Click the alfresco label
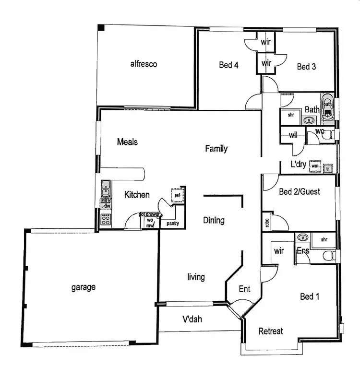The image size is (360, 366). coord(144,64)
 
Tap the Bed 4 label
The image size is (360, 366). coord(228,65)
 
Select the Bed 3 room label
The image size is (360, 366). coord(306,67)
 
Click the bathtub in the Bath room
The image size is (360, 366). coord(328,106)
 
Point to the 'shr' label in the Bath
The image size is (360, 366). coord(291,115)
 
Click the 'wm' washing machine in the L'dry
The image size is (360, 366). coord(315,166)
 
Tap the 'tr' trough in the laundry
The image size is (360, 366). coord(329,168)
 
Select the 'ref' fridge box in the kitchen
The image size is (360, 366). coord(177,195)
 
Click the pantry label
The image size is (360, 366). coord(173,224)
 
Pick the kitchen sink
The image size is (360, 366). coord(105,192)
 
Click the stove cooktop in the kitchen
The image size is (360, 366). coord(105,219)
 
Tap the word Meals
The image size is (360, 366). coord(127,142)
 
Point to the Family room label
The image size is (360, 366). coord(216,149)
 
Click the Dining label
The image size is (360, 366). coord(214,221)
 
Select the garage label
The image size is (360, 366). coord(84,287)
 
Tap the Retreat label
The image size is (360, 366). coord(271,331)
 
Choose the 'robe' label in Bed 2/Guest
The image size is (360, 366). coord(266,222)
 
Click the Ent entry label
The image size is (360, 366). coord(244,289)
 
